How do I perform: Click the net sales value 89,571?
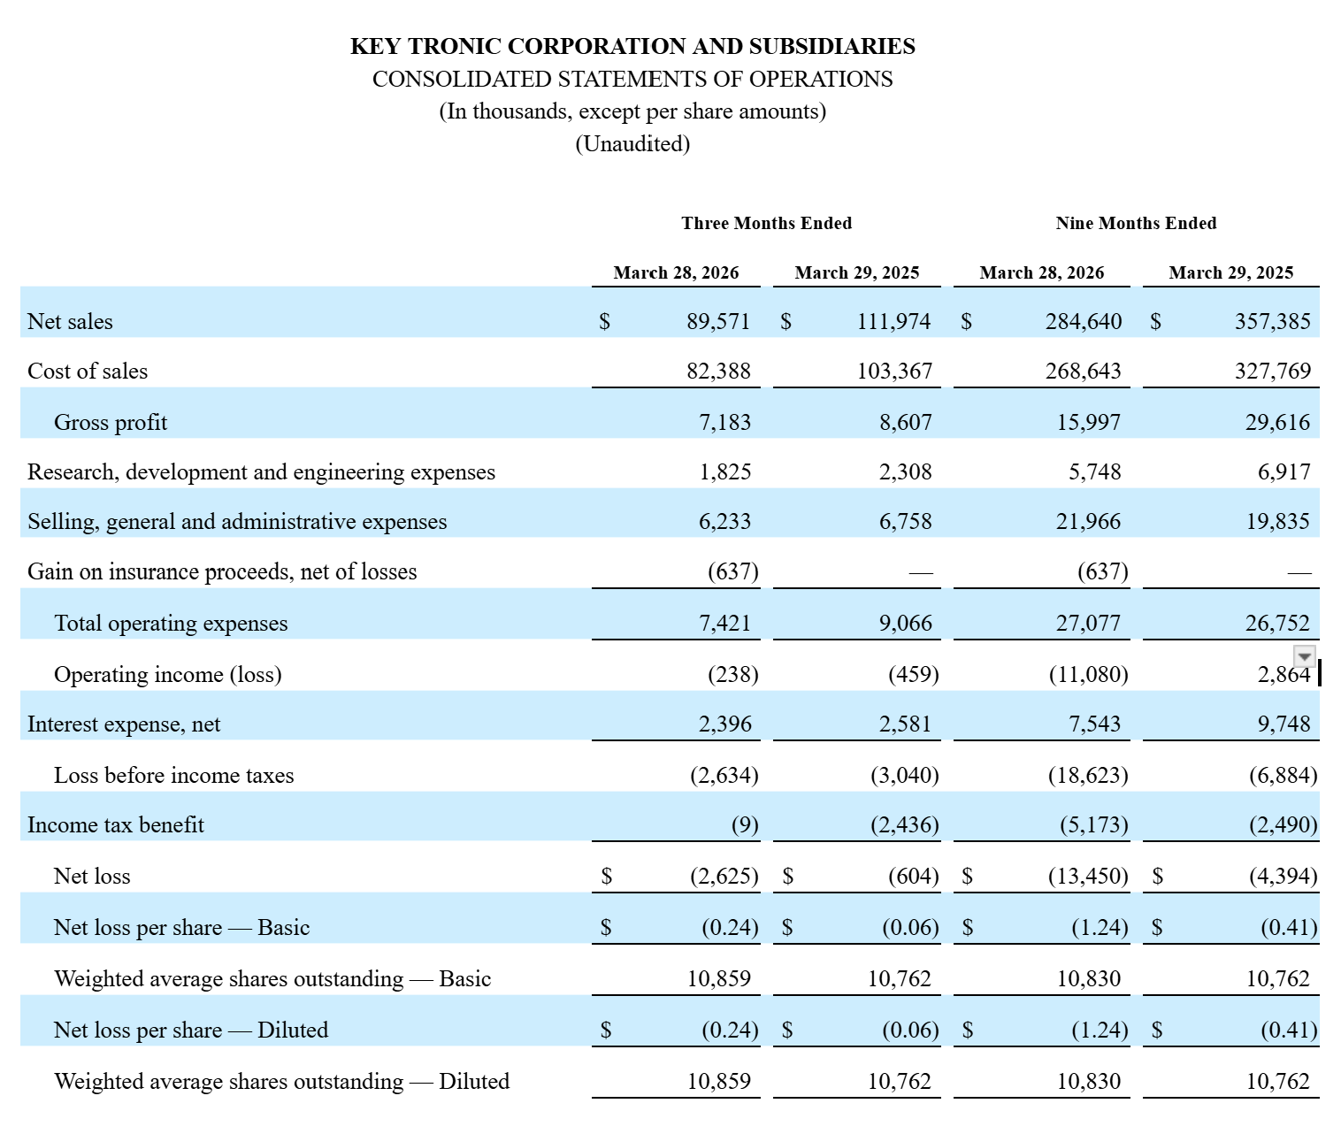pyautogui.click(x=718, y=321)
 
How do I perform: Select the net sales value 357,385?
pyautogui.click(x=1272, y=321)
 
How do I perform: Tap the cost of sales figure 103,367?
pyautogui.click(x=894, y=372)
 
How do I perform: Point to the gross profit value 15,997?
pyautogui.click(x=1089, y=422)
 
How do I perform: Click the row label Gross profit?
pyautogui.click(x=111, y=422)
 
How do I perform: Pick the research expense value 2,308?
pyautogui.click(x=905, y=471)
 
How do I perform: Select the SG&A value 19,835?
pyautogui.click(x=1277, y=522)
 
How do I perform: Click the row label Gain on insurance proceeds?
pyautogui.click(x=222, y=571)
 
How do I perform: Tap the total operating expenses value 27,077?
pyautogui.click(x=1088, y=623)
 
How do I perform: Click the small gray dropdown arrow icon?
pyautogui.click(x=1304, y=655)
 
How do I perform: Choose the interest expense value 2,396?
pyautogui.click(x=724, y=724)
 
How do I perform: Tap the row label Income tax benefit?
pyautogui.click(x=116, y=824)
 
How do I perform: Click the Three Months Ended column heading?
pyautogui.click(x=766, y=223)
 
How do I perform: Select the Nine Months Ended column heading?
pyautogui.click(x=1136, y=223)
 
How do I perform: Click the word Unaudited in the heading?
pyautogui.click(x=632, y=144)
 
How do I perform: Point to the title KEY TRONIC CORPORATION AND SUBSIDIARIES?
pyautogui.click(x=632, y=47)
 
